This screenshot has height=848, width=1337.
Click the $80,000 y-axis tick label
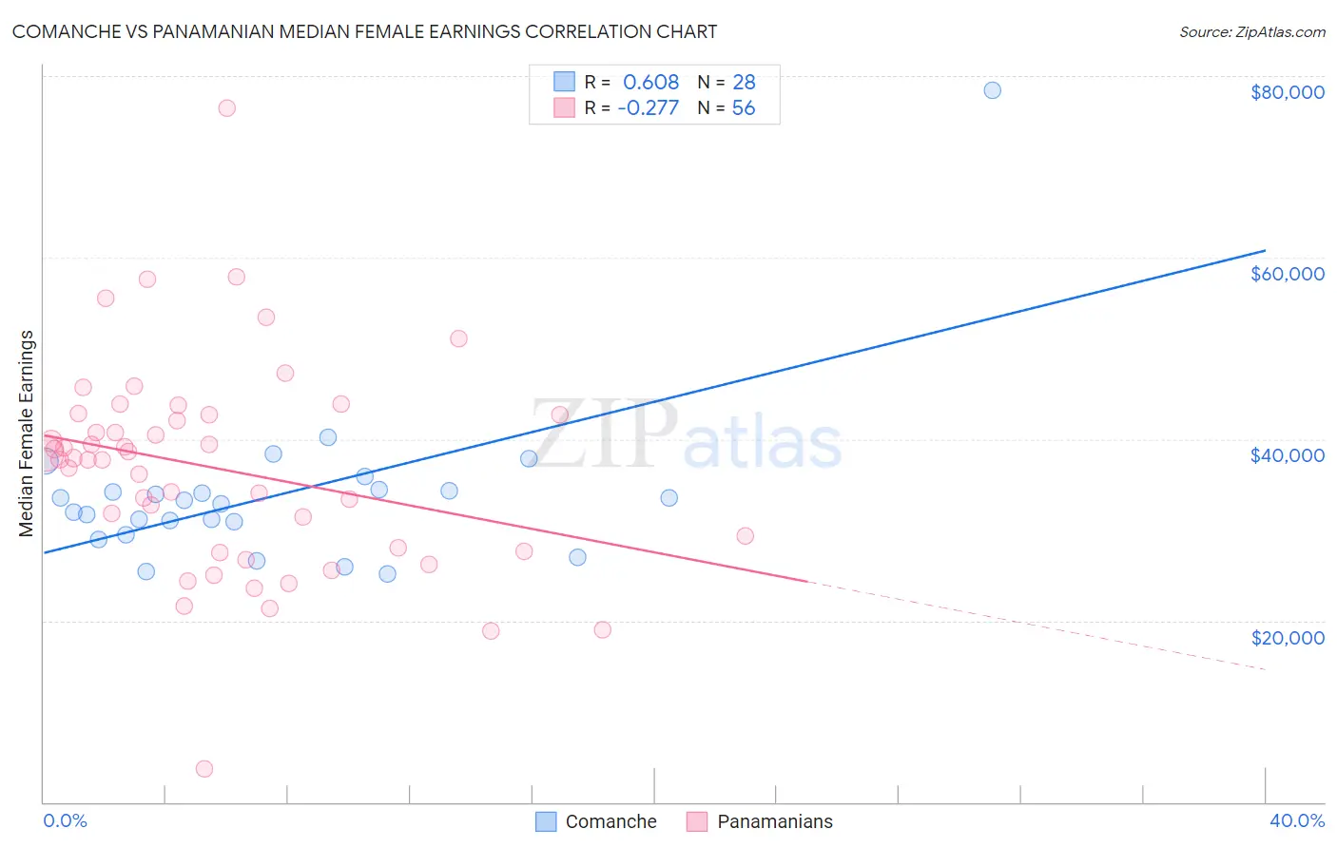pos(1287,92)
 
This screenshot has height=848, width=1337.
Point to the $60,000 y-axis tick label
pos(1287,274)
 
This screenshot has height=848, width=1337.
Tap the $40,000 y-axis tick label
pos(1287,455)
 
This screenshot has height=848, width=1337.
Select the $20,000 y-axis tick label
pos(1287,637)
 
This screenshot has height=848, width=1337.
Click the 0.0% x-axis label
pos(65,820)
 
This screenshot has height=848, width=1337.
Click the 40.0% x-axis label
pos(1296,820)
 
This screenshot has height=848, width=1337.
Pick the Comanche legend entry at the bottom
pos(596,821)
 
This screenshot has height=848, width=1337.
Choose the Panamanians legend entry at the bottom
pos(759,821)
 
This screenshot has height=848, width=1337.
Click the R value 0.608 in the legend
pos(650,83)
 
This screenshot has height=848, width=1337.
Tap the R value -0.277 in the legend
pos(648,108)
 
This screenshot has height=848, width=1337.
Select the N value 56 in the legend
pos(744,108)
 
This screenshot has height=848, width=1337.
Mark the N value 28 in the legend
pos(744,83)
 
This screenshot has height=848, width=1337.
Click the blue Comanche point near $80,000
pos(992,90)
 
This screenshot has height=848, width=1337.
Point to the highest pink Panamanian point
pos(226,107)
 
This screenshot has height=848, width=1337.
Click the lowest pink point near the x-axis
pos(203,768)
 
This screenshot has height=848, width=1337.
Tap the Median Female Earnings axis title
pos(27,434)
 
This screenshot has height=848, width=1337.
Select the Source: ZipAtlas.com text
pos(1251,31)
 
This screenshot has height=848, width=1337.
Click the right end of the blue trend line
pos(1265,250)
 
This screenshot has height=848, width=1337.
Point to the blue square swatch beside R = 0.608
pos(564,82)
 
